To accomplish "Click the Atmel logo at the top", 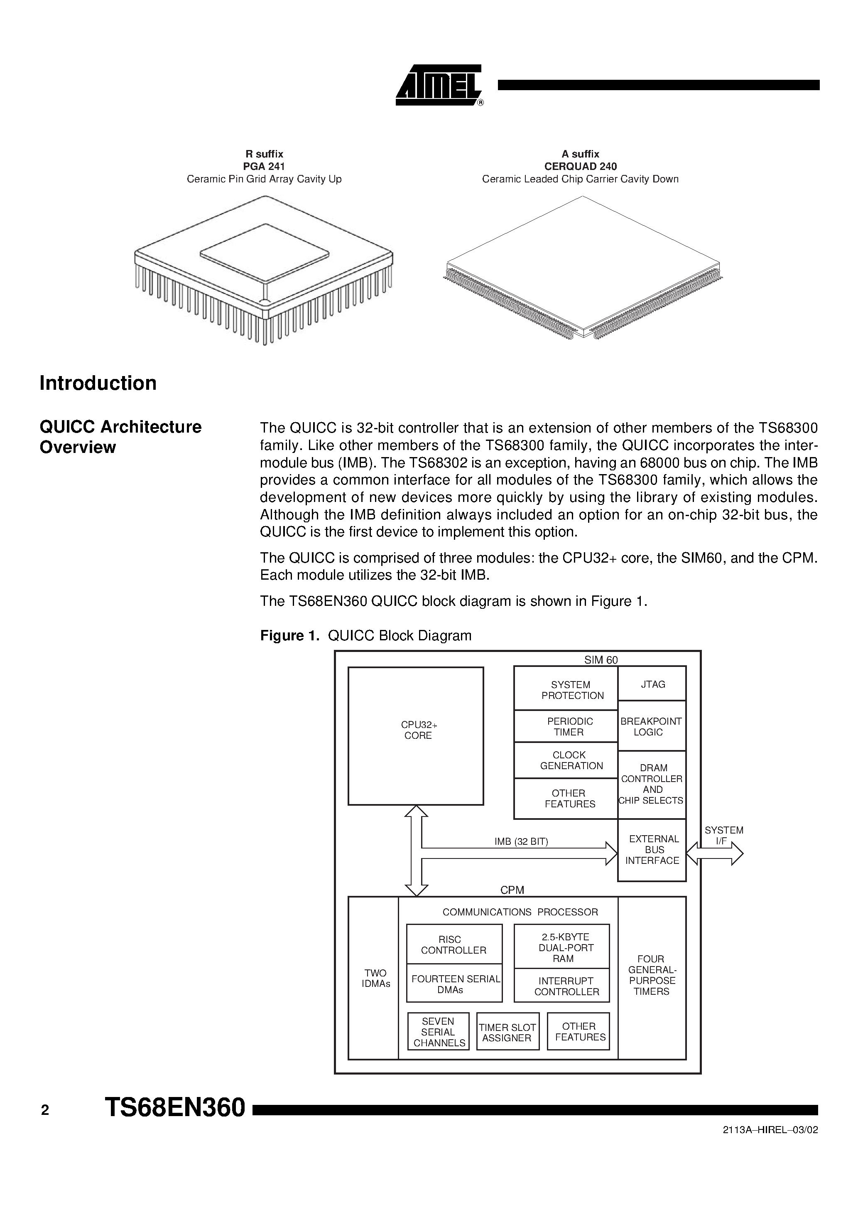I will click(439, 85).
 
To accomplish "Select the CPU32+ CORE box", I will click(416, 735).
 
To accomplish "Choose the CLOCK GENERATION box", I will click(566, 760).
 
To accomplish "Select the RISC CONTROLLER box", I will click(454, 944).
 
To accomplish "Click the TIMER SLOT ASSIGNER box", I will click(507, 1032).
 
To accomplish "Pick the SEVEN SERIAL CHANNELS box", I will click(439, 1032).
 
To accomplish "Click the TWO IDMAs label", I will click(375, 978).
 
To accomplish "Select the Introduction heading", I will click(98, 383).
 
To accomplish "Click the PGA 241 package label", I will click(264, 166).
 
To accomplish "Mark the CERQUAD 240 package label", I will click(580, 166).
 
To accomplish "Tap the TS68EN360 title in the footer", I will click(175, 1107).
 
